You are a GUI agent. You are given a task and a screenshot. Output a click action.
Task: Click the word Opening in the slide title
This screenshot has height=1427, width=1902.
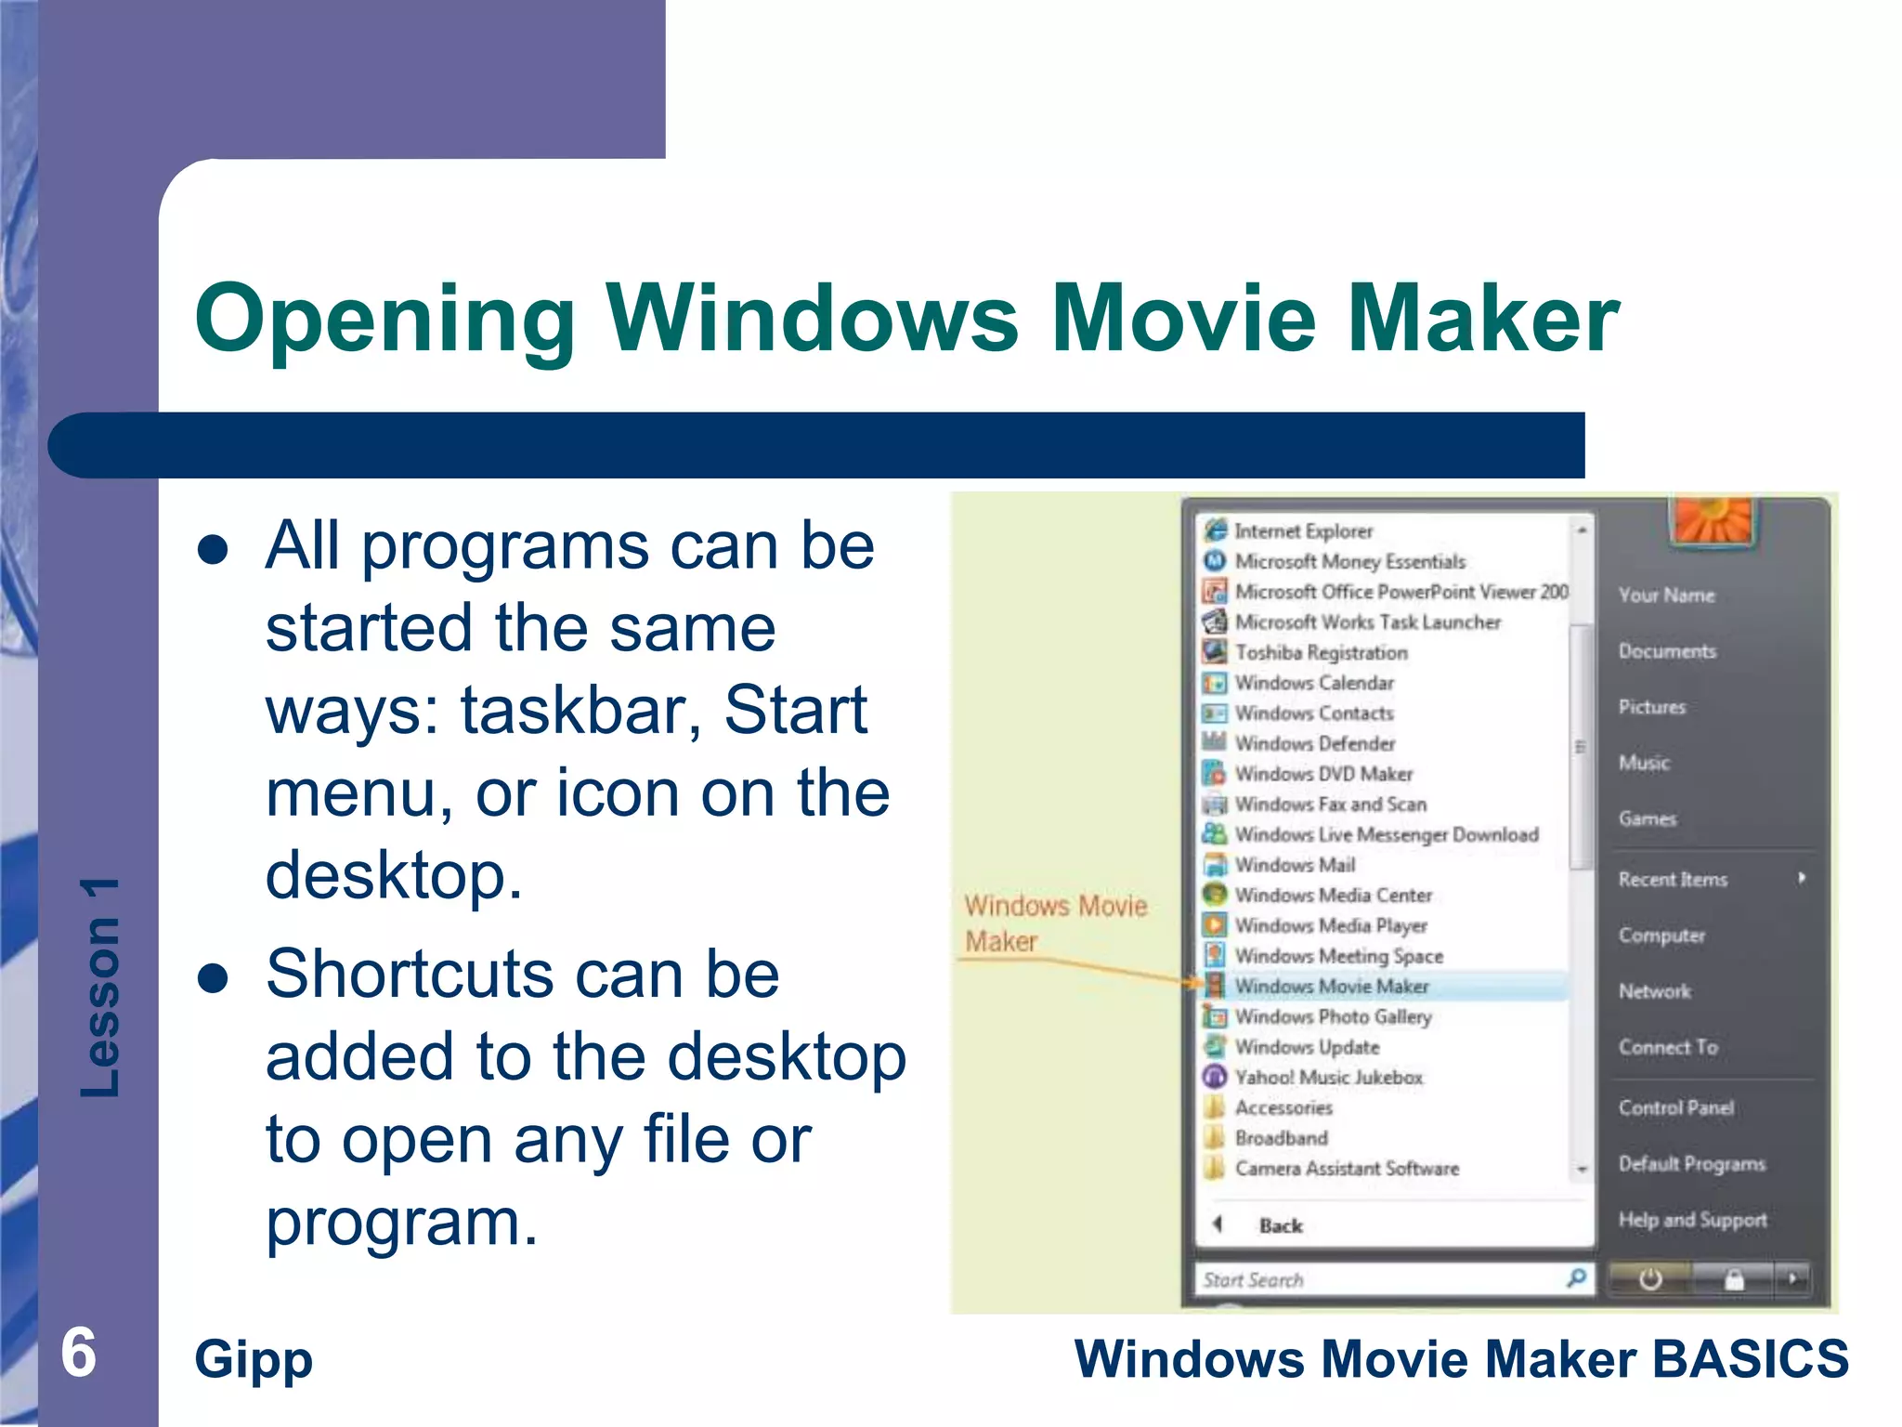[384, 321]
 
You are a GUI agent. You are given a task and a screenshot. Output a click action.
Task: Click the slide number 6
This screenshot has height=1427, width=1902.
[79, 1353]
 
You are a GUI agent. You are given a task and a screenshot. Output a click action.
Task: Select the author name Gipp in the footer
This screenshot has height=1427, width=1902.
[254, 1360]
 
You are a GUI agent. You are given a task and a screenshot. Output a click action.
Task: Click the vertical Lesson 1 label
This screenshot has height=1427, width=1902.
[100, 987]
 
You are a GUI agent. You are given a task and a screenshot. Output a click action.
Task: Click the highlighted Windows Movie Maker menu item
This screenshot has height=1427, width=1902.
[1331, 987]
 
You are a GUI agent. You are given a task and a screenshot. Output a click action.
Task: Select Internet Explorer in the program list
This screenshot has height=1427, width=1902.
[1302, 531]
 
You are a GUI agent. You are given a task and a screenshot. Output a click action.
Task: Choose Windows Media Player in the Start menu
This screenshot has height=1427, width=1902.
[1330, 926]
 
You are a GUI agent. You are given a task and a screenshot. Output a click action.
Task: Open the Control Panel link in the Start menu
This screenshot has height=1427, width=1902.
[1675, 1107]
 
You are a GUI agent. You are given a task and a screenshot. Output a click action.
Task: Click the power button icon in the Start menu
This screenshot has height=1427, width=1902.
[1649, 1279]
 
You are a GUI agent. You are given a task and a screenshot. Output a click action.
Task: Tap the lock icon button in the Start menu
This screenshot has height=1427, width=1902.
[1733, 1279]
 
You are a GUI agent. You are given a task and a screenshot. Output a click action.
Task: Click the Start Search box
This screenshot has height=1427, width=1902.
[1374, 1279]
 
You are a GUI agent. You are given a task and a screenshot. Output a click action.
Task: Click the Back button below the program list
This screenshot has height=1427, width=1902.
[1279, 1225]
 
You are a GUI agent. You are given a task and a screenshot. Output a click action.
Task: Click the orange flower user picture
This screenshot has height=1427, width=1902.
[1711, 520]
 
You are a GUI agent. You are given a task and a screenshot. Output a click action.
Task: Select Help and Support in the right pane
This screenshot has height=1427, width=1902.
[1691, 1220]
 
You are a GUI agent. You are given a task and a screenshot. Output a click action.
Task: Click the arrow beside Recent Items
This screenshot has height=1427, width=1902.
[1801, 878]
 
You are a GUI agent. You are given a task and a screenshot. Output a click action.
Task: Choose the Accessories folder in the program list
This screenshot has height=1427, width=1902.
[1283, 1107]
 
